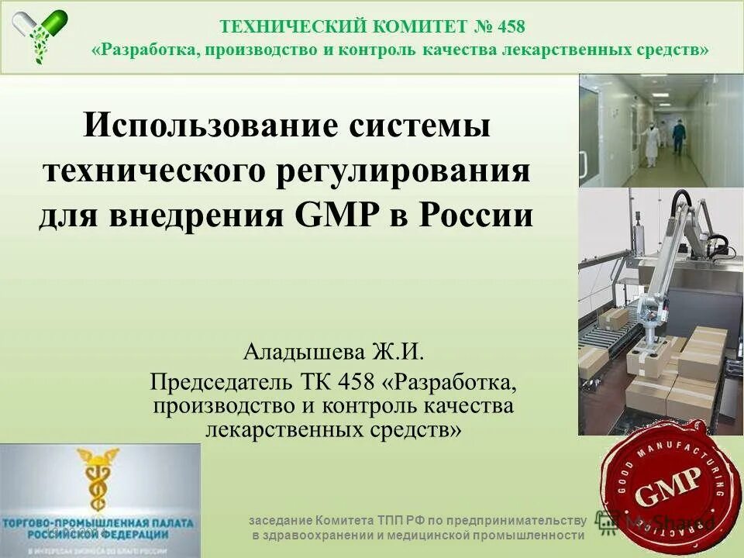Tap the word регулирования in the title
tap(404, 170)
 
